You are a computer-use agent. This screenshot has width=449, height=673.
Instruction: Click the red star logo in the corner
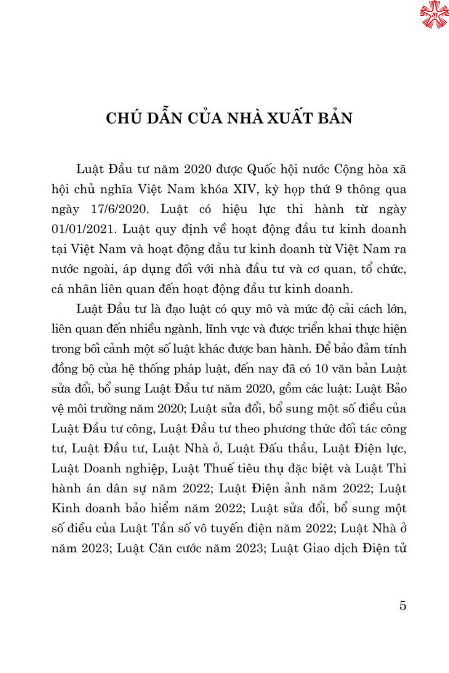434,14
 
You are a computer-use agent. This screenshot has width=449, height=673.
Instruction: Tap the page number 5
403,606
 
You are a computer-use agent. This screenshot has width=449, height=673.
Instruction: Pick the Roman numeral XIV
246,189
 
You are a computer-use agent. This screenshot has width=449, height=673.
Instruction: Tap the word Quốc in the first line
262,169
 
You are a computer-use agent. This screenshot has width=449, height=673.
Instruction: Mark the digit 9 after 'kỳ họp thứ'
339,189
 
